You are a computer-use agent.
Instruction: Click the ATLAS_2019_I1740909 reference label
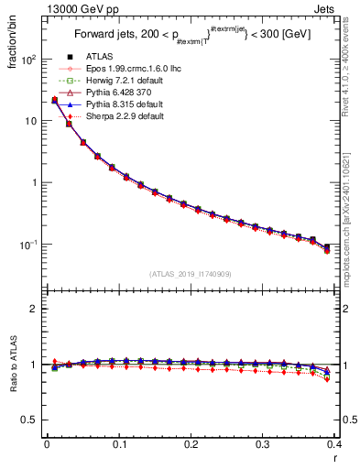click(x=191, y=274)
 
